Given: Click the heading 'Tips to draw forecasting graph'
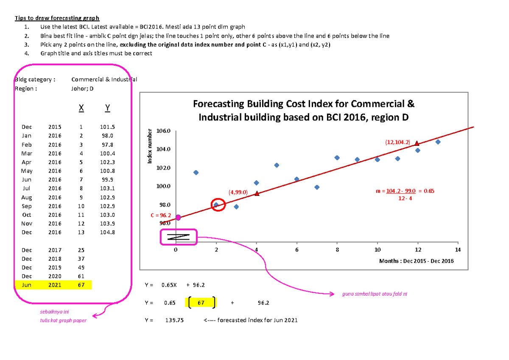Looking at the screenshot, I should coord(57,18).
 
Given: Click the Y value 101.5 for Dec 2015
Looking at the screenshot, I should coord(107,127).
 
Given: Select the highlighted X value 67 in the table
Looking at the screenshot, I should coord(81,285).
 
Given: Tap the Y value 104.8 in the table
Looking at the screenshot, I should coord(107,232).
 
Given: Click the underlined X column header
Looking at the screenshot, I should coord(81,109).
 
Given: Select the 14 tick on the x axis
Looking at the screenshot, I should coord(457,249).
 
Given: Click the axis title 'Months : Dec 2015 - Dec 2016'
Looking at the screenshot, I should coord(417,261).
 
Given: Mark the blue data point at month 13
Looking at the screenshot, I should coord(438,142).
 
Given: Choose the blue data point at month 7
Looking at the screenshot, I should coord(317,187).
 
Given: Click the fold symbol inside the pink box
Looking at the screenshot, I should coord(178,237).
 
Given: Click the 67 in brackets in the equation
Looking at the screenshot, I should coord(200,303).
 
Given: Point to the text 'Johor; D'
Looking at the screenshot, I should coord(82,89).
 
